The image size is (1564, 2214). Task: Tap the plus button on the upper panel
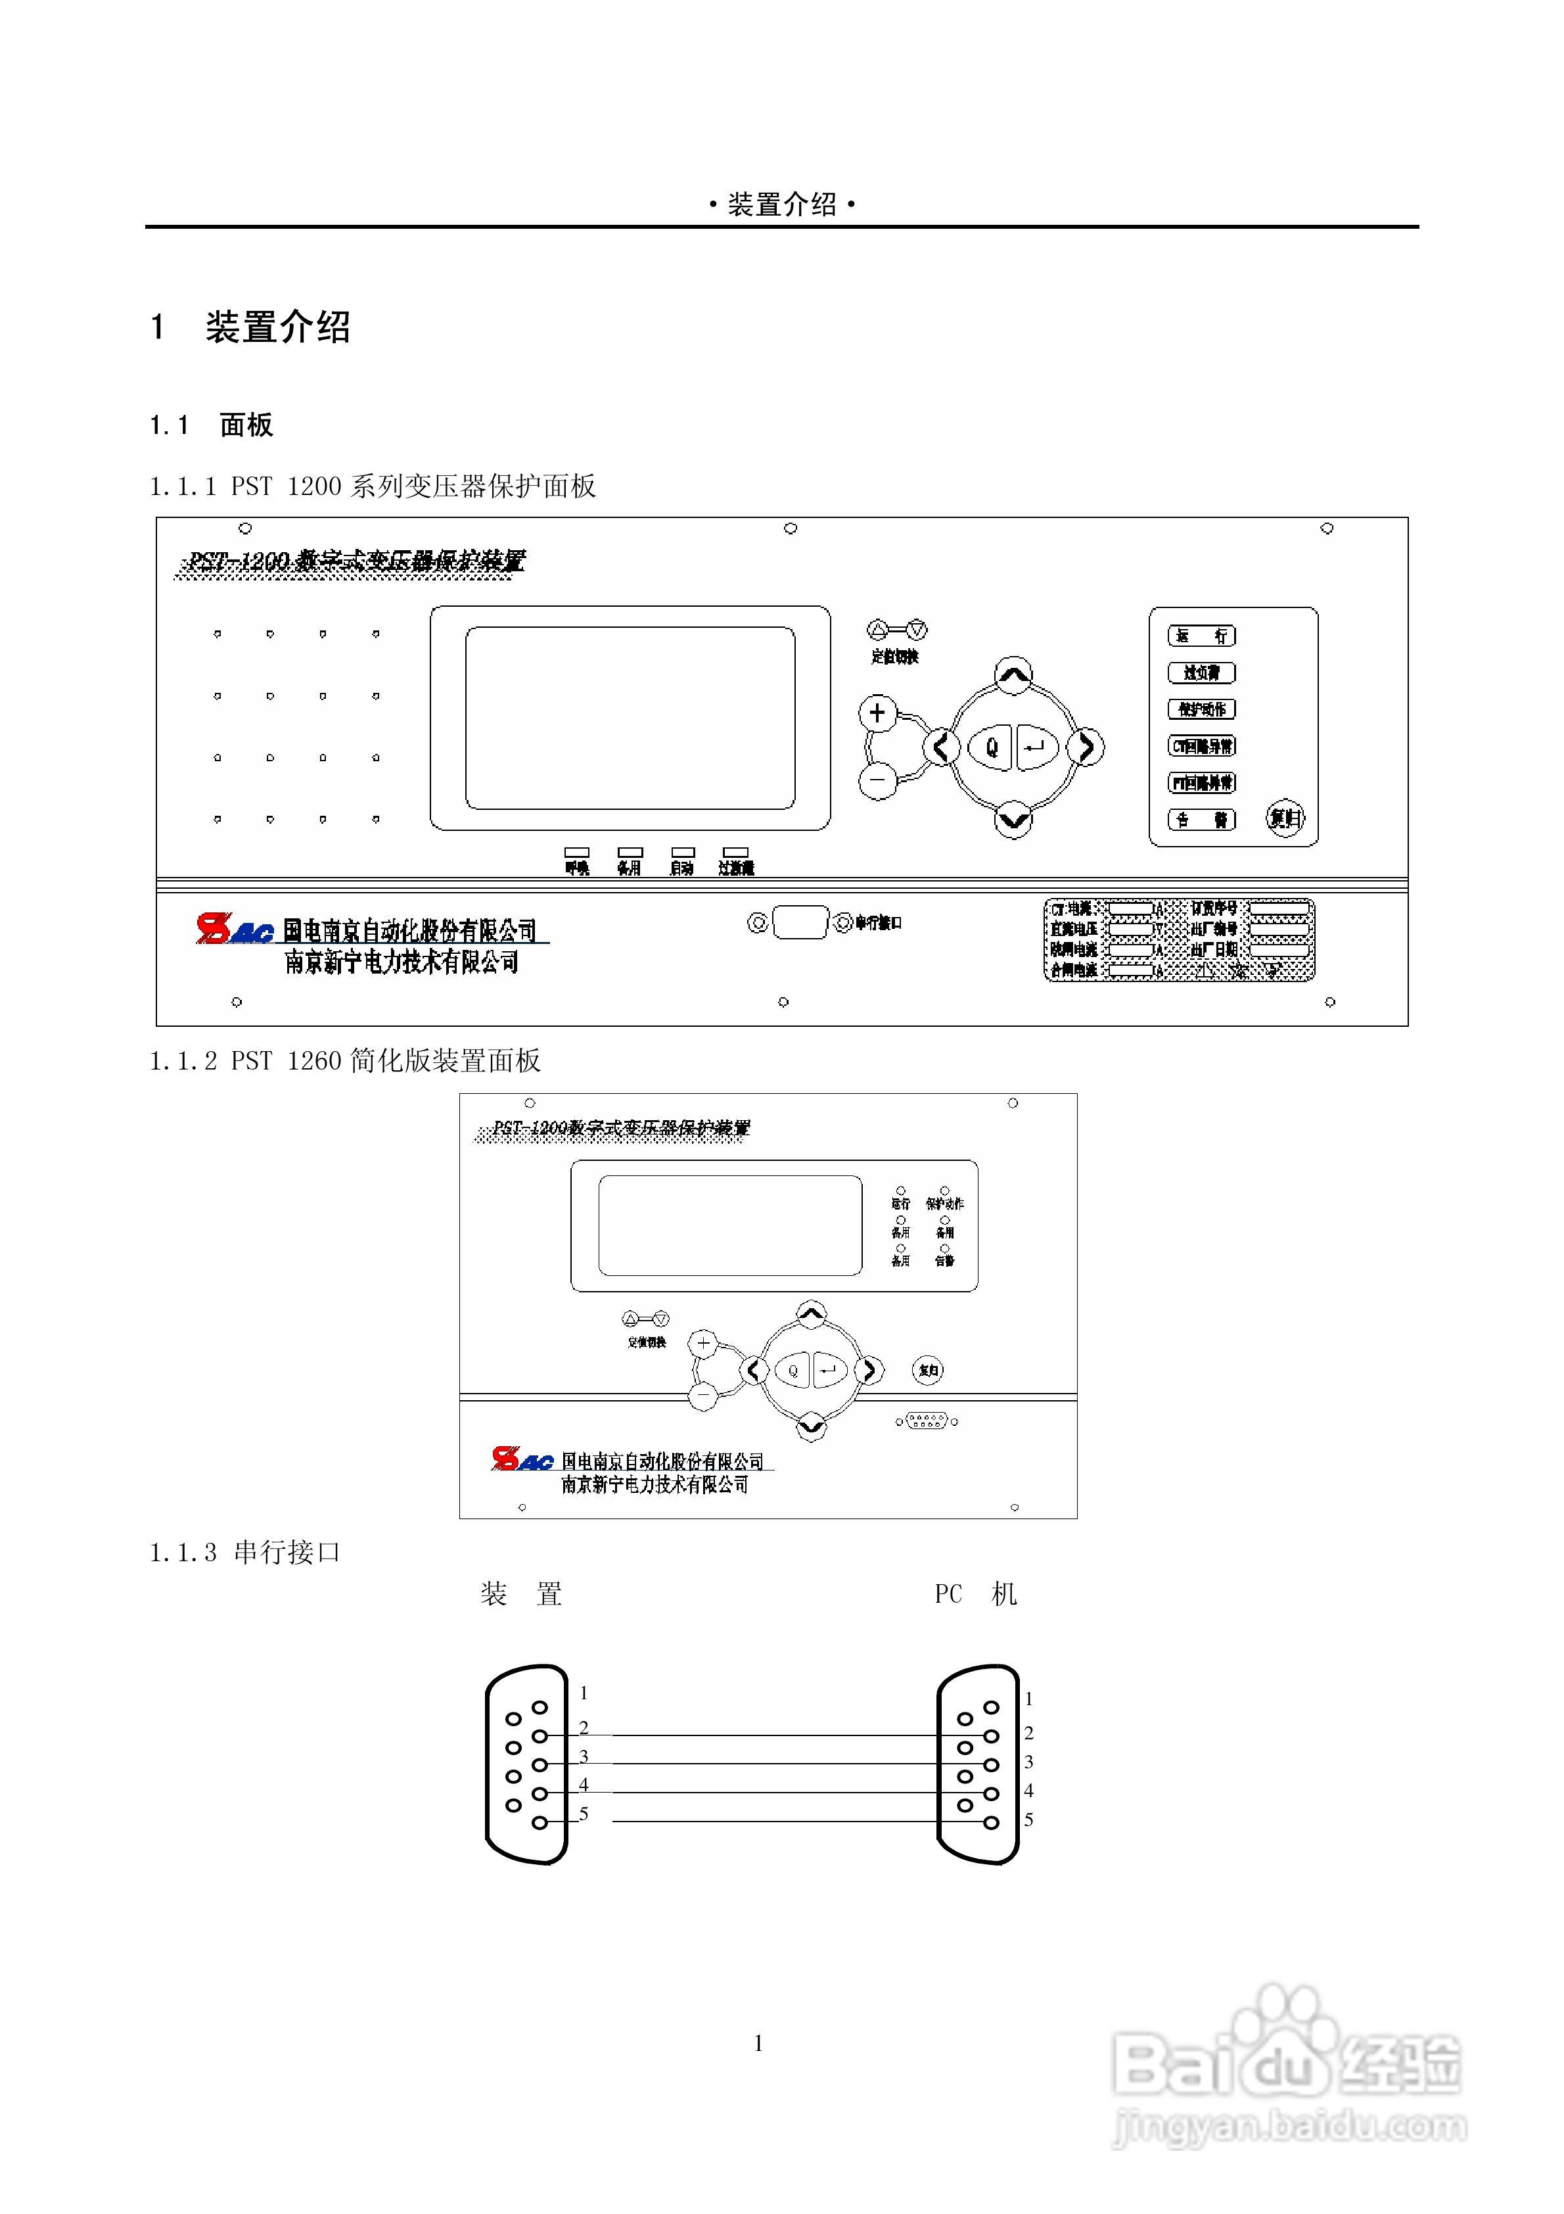coord(877,713)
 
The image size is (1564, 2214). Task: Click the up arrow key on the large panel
coord(1013,675)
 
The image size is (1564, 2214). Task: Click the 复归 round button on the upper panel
coord(1284,818)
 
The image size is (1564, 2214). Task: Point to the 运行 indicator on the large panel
coord(1201,636)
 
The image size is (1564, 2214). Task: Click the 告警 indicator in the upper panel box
coord(1201,820)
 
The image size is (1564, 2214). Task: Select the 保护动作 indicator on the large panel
coord(1201,709)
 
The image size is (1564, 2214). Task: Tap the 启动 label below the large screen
coord(681,868)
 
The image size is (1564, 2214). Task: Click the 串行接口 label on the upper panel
coord(877,923)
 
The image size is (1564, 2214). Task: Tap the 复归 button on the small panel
coord(928,1369)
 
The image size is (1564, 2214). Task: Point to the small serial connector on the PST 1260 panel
coord(927,1421)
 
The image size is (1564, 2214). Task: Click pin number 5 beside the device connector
coord(584,1814)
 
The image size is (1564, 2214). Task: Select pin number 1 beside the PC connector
coord(1029,1699)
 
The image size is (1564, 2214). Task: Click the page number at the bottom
coord(759,2043)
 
